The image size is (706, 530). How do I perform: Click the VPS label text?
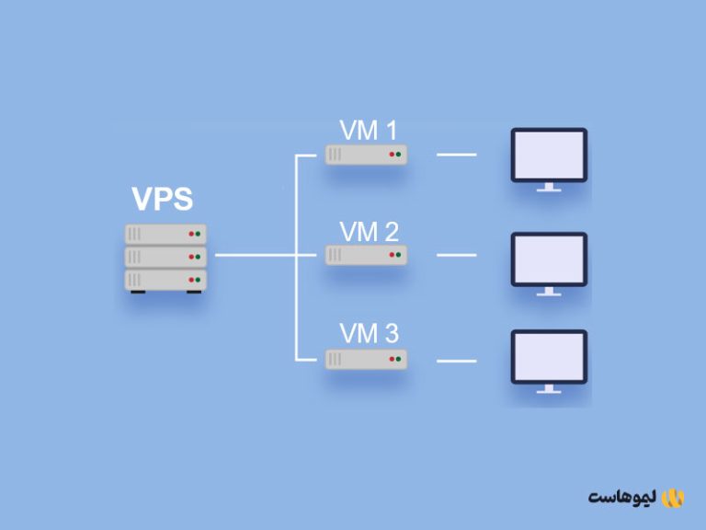pos(163,200)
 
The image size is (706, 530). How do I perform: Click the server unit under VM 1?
pos(366,155)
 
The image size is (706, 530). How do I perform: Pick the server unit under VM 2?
pos(366,256)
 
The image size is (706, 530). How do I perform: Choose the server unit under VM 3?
pos(366,358)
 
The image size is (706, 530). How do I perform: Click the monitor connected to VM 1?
pos(549,156)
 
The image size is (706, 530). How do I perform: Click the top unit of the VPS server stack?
pos(165,234)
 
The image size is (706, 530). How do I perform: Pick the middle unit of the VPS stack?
pos(165,256)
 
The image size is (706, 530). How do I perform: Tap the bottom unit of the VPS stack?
pos(165,279)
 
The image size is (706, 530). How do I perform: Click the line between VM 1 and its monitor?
pos(456,155)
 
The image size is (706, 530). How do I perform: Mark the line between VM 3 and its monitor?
pos(456,360)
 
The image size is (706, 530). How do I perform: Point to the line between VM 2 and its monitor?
pos(456,256)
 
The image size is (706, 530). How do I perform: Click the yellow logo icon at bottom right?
pos(674,498)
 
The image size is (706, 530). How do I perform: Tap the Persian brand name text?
pos(622,498)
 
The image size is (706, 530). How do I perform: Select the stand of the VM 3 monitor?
pos(549,389)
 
